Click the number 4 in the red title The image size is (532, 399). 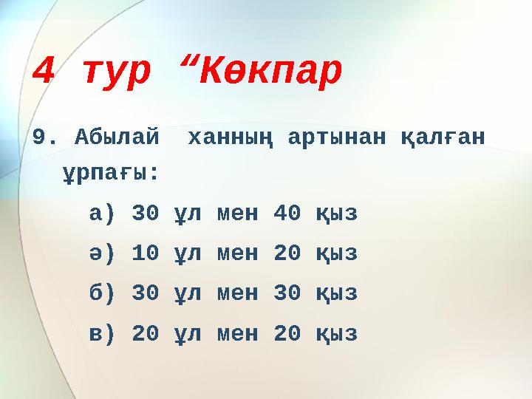[x=44, y=72]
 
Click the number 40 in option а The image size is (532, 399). [x=287, y=214]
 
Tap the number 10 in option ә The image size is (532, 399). [x=145, y=254]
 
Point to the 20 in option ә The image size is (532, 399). [x=287, y=254]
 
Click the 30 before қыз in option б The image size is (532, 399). [x=287, y=294]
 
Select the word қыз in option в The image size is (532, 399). [x=336, y=335]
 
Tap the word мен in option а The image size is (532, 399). [x=237, y=214]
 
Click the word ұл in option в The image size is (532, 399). [x=188, y=335]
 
